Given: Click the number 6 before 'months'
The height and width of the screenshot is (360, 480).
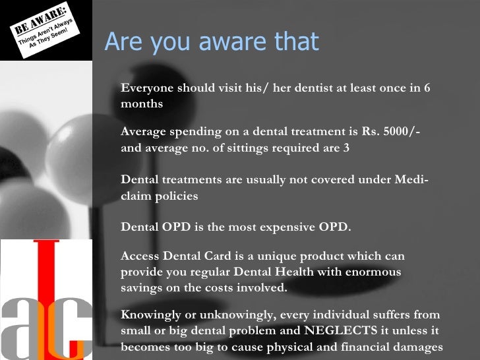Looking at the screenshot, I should point(427,89).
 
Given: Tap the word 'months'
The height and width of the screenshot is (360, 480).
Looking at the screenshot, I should point(142,104).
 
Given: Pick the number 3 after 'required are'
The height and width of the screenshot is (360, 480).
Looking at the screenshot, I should point(347,148).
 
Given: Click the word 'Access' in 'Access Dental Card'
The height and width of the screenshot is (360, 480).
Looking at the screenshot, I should point(140,256).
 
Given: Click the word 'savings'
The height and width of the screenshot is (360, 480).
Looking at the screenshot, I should point(142,288).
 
